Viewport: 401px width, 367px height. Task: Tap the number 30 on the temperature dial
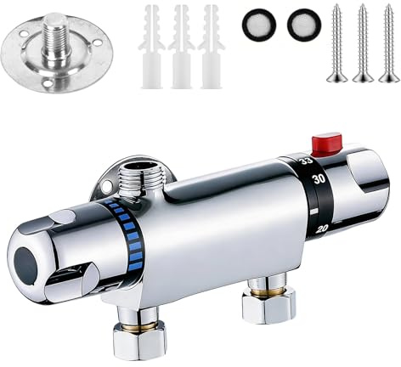click(318, 179)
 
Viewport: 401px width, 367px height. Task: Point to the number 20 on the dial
click(321, 229)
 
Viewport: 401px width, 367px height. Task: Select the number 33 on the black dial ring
click(307, 161)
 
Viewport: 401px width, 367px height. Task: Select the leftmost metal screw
click(337, 42)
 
